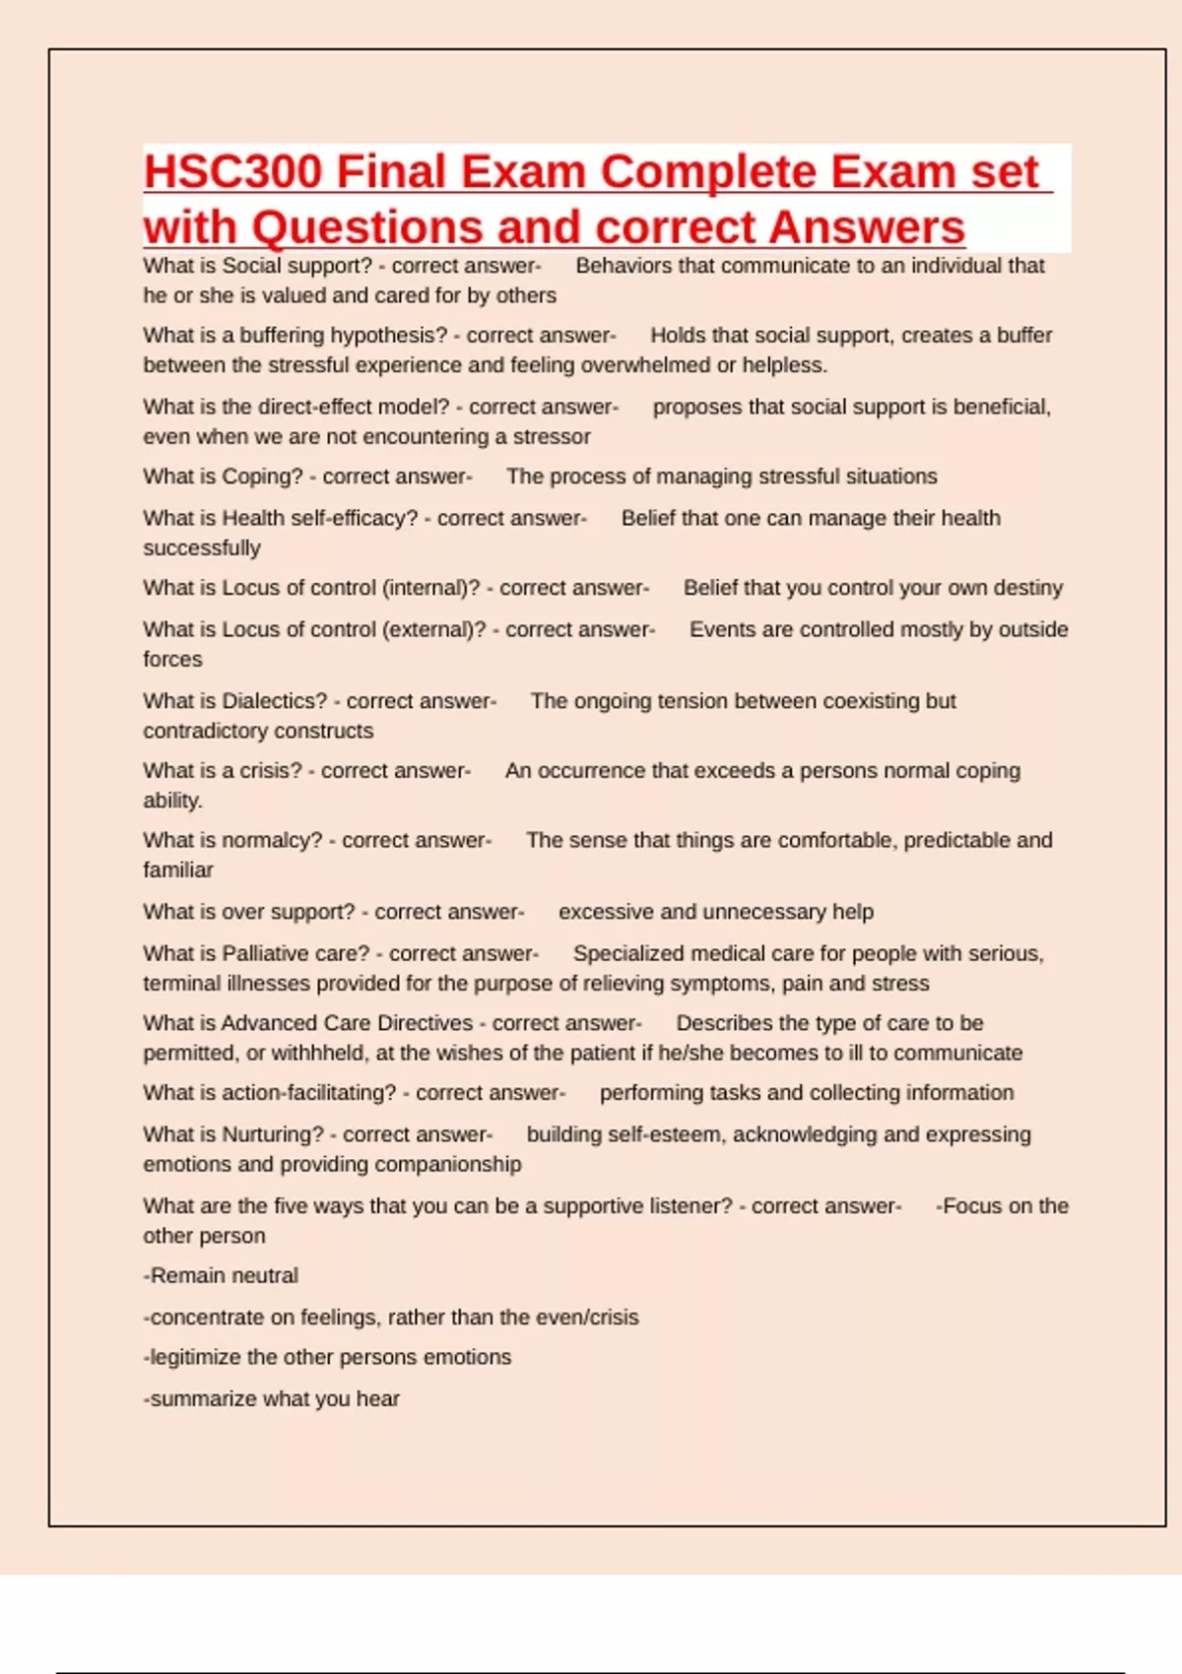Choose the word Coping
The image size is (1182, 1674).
(x=262, y=477)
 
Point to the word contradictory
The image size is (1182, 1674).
(x=200, y=731)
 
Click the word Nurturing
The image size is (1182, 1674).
(x=272, y=1134)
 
